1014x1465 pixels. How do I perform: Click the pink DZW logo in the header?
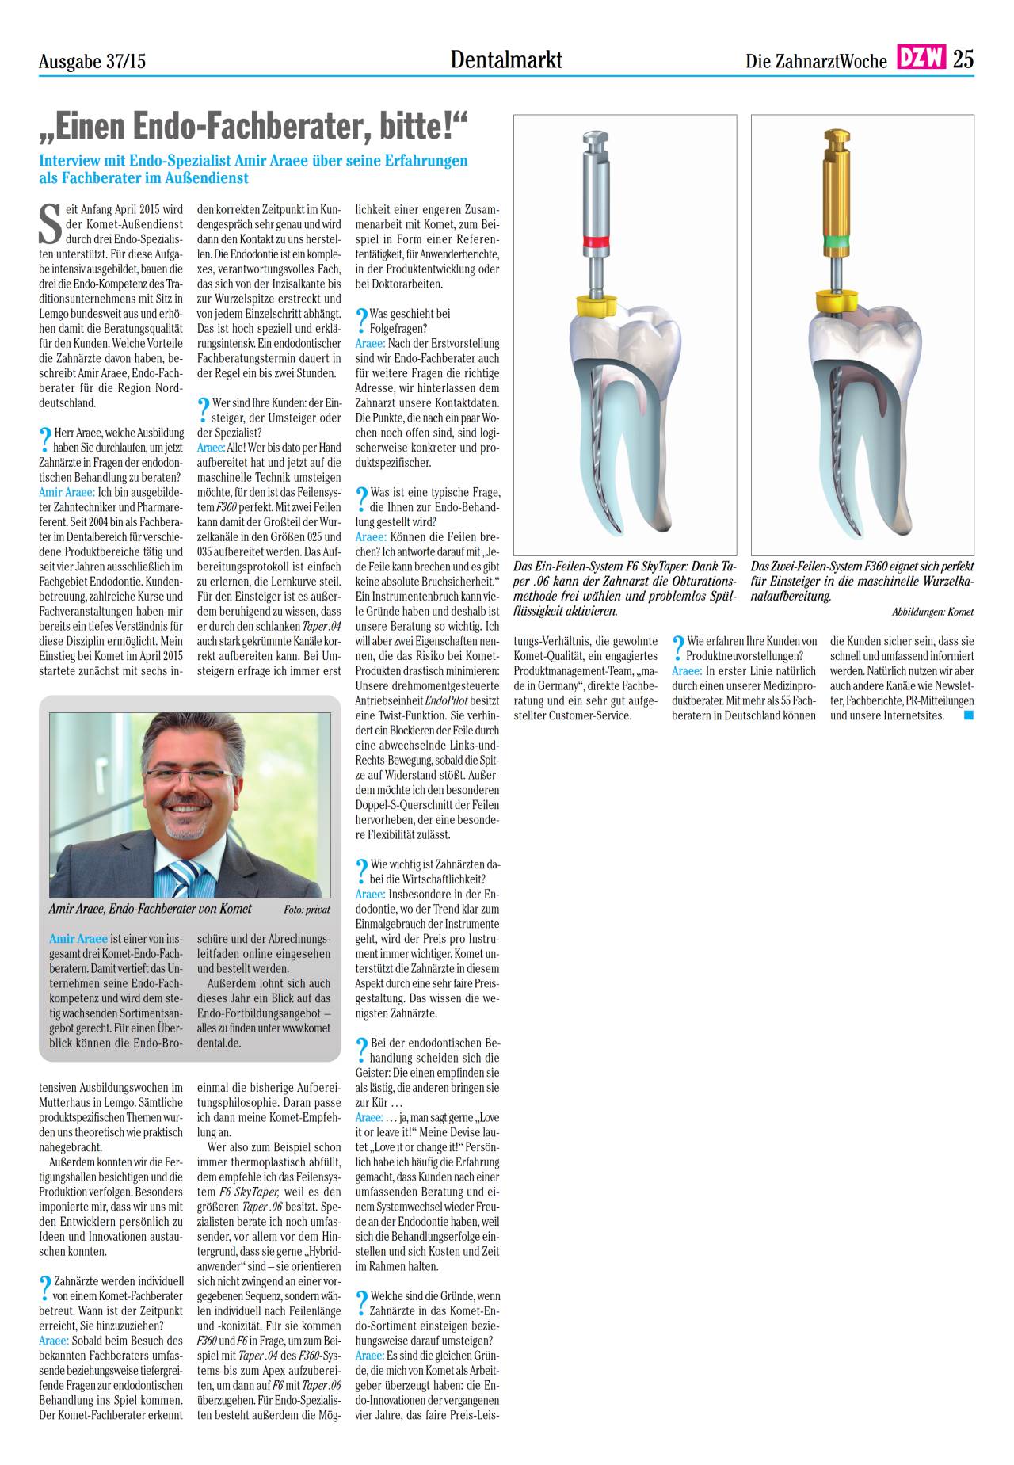(x=921, y=58)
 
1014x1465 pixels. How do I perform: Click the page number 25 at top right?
(x=963, y=59)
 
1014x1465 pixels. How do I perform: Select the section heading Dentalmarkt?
(x=506, y=59)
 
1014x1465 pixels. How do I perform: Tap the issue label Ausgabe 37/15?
(x=92, y=61)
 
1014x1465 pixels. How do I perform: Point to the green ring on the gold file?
(x=835, y=238)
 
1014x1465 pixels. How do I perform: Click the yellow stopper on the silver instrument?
(x=595, y=303)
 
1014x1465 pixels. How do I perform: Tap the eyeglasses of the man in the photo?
(x=190, y=776)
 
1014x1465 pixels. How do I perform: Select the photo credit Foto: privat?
(x=307, y=910)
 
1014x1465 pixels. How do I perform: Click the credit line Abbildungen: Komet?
(x=932, y=612)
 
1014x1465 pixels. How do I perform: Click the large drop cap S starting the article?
(x=50, y=223)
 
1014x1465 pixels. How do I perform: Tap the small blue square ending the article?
(x=968, y=715)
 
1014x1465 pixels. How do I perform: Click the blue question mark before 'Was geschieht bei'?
(x=362, y=319)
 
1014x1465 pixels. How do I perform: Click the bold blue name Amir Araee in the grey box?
(x=78, y=939)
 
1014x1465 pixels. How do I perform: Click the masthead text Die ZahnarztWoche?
(x=816, y=61)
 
